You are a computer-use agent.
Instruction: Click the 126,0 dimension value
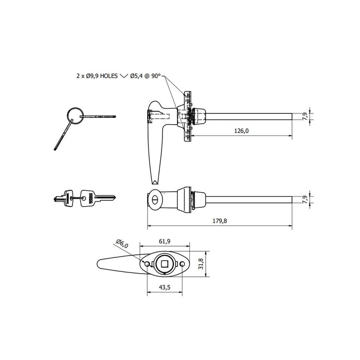[241, 131]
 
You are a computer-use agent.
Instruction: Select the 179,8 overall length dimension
[220, 221]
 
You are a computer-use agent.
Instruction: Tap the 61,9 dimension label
[165, 241]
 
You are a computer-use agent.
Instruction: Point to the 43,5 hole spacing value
[165, 287]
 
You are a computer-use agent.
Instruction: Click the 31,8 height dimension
[201, 264]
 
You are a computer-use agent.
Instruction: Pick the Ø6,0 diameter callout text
[122, 243]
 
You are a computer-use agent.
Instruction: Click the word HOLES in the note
[109, 76]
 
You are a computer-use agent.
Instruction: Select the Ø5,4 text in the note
[136, 76]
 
